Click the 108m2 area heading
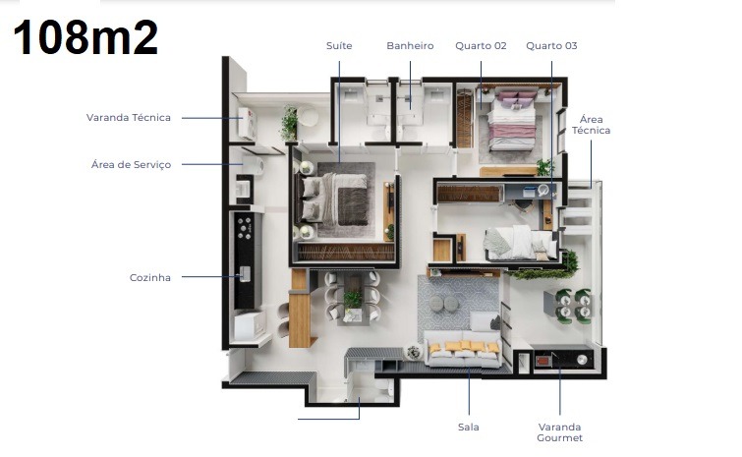[x=86, y=37]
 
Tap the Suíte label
[x=339, y=46]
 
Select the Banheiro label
[x=410, y=46]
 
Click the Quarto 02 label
[x=481, y=46]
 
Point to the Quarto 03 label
[x=551, y=46]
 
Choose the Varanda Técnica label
[x=128, y=117]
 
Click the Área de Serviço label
[x=131, y=165]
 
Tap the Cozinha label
[x=150, y=278]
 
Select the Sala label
[x=469, y=427]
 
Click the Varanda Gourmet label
[x=560, y=432]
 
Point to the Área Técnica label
[x=591, y=125]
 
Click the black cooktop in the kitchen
[x=245, y=228]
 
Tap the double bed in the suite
[x=332, y=200]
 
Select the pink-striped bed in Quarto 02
[x=512, y=121]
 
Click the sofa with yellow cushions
[x=463, y=349]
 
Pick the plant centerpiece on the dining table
[x=353, y=300]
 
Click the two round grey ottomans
[x=444, y=304]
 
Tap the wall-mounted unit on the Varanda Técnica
[x=247, y=123]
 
